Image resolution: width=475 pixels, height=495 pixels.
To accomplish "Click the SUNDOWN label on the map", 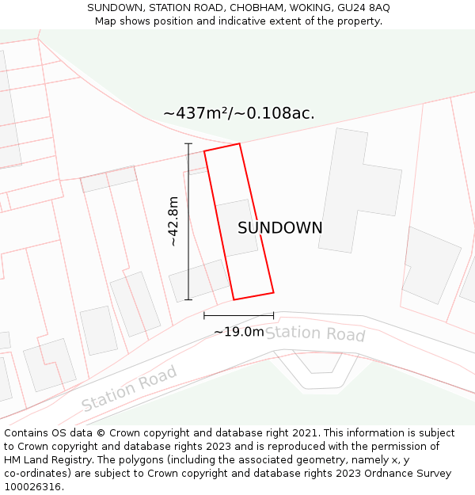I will pyautogui.click(x=279, y=228).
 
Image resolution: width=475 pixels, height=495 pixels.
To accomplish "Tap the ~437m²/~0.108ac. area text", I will pyautogui.click(x=238, y=113).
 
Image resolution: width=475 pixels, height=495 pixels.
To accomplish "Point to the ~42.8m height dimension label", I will pyautogui.click(x=174, y=222).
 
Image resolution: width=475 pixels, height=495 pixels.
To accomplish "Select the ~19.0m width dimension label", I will pyautogui.click(x=238, y=332).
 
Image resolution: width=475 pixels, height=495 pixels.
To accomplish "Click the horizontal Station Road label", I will pyautogui.click(x=314, y=333).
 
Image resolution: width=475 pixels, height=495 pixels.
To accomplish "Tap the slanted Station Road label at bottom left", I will pyautogui.click(x=129, y=388).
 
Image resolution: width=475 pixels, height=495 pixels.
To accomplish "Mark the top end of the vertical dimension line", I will pyautogui.click(x=188, y=143).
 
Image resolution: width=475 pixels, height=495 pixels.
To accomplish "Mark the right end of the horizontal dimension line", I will pyautogui.click(x=274, y=315).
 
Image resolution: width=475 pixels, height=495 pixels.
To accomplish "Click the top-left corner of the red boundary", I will pyautogui.click(x=204, y=151).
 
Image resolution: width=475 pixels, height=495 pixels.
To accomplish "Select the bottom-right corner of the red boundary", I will pyautogui.click(x=273, y=292).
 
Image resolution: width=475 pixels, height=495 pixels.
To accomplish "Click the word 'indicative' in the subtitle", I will pyautogui.click(x=240, y=21).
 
